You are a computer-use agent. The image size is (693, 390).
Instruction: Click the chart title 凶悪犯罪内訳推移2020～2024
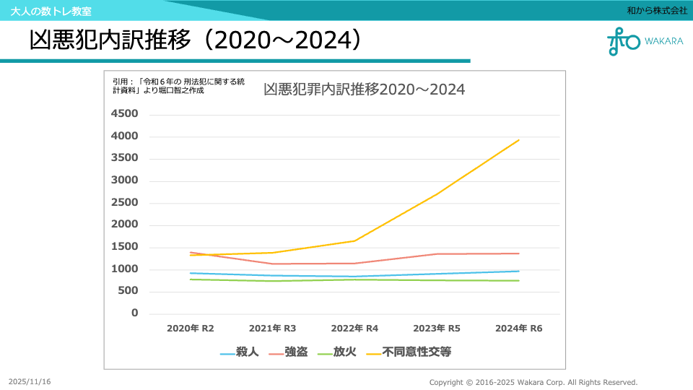[x=364, y=90]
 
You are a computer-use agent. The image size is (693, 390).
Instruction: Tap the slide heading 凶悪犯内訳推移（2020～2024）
[x=195, y=40]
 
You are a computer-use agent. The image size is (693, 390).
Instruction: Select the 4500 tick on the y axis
[x=124, y=114]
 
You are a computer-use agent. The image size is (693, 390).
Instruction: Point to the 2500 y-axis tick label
[x=124, y=203]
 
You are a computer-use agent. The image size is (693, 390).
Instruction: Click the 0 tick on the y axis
[x=134, y=313]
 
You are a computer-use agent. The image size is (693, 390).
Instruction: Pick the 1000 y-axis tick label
[x=124, y=269]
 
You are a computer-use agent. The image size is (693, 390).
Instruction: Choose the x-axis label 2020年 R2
[x=191, y=329]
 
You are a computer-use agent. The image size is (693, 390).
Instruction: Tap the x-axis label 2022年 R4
[x=354, y=329]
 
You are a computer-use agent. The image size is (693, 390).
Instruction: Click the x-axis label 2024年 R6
[x=519, y=329]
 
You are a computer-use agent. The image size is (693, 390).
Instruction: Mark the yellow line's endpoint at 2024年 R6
[x=519, y=140]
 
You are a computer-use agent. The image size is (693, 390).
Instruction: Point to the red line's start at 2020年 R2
[x=191, y=252]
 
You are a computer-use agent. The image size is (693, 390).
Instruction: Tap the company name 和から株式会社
[x=657, y=11]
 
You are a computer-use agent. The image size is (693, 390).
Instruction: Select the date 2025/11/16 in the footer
[x=30, y=381]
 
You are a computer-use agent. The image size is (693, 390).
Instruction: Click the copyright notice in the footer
[x=533, y=382]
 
